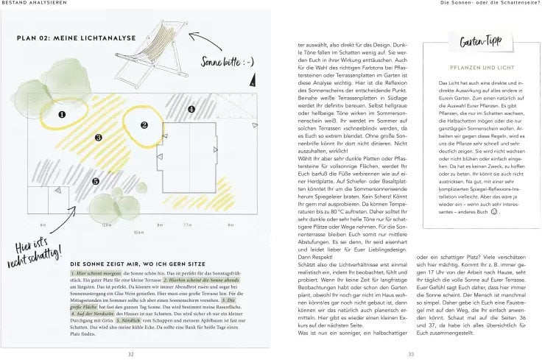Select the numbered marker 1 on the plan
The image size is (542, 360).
[x=63, y=114]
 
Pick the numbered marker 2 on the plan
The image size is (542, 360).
[x=144, y=125]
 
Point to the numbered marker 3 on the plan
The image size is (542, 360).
[x=98, y=137]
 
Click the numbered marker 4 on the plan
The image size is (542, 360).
[x=191, y=110]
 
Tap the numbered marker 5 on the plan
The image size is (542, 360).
[x=95, y=180]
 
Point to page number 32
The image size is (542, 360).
[x=130, y=353]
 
